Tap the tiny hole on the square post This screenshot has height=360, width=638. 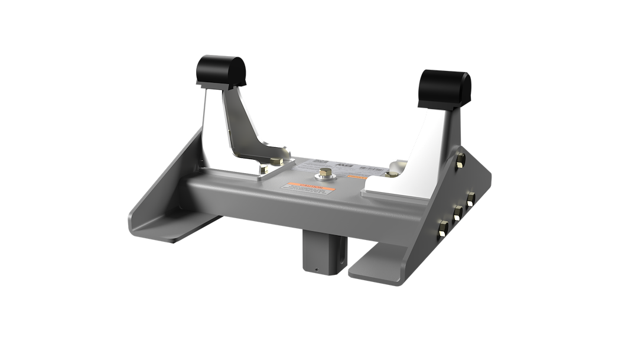[x=317, y=272]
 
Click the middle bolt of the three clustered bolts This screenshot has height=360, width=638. [x=457, y=210]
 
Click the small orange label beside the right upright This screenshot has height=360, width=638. [x=354, y=176]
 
